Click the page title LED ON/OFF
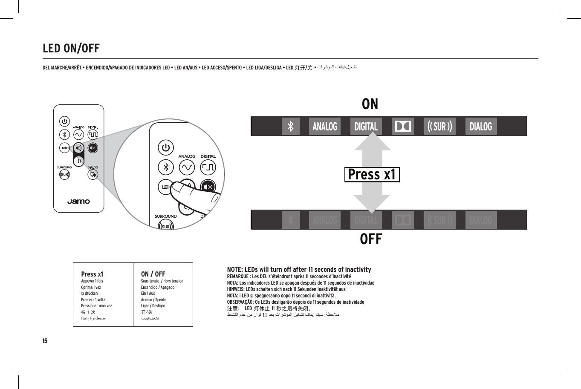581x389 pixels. (x=71, y=49)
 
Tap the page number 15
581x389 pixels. (x=45, y=341)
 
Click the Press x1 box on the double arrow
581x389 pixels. (x=372, y=175)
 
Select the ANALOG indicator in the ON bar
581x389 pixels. (x=325, y=127)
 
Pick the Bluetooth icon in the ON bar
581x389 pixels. (x=291, y=127)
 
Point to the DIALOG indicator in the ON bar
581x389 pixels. (x=481, y=127)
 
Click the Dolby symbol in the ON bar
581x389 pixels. (x=403, y=127)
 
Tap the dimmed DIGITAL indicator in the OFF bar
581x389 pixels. (x=366, y=220)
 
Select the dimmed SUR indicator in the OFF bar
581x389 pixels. (x=439, y=220)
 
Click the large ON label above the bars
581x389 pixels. (x=370, y=104)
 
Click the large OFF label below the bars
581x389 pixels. (x=371, y=239)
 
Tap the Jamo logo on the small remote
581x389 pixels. (x=78, y=201)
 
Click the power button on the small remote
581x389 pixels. (x=64, y=121)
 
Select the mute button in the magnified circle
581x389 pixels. (x=208, y=187)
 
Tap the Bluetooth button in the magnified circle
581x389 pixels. (x=166, y=167)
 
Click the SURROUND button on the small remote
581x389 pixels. (x=64, y=174)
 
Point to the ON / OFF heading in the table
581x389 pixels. (x=153, y=274)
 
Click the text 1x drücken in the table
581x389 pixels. (x=90, y=294)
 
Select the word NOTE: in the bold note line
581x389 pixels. (x=236, y=270)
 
